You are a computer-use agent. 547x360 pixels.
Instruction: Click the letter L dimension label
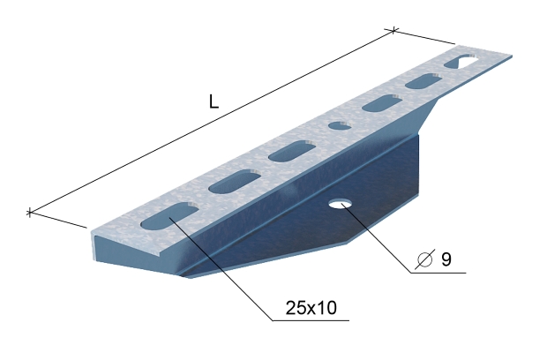(x=214, y=101)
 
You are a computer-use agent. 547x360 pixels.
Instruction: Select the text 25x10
(x=311, y=308)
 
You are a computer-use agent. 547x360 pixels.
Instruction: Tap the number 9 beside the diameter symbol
(x=446, y=259)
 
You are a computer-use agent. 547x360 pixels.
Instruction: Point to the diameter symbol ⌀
(x=425, y=259)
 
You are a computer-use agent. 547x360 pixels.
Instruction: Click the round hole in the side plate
(x=341, y=204)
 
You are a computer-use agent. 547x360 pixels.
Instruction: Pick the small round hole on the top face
(x=340, y=125)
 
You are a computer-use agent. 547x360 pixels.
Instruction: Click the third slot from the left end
(x=292, y=151)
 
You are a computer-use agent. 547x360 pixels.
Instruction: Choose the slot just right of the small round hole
(x=382, y=103)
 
